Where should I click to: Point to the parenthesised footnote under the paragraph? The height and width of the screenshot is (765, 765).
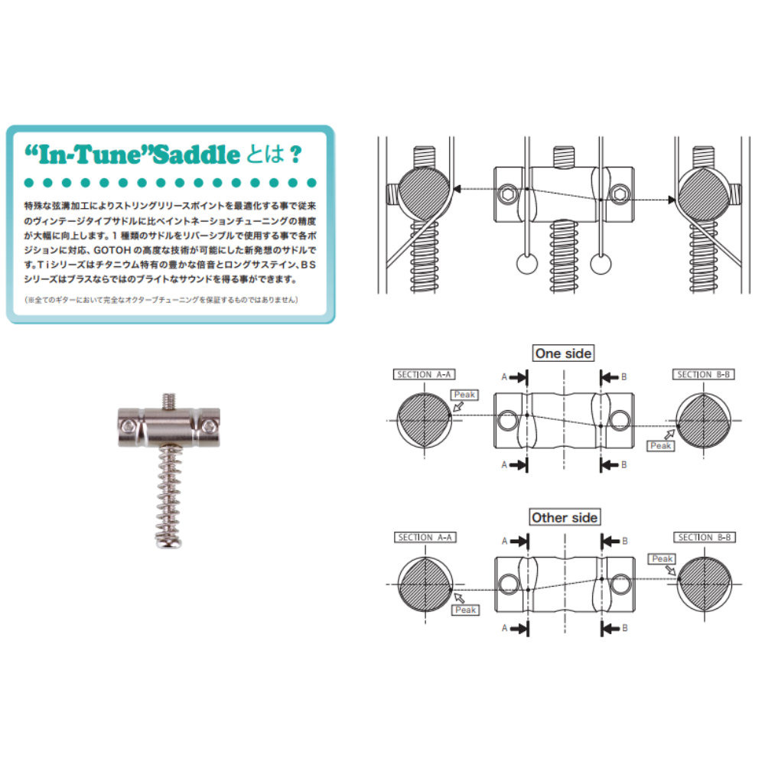click(x=161, y=299)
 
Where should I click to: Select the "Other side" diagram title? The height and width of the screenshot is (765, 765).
click(x=565, y=517)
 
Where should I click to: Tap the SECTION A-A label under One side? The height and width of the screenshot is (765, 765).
click(x=425, y=374)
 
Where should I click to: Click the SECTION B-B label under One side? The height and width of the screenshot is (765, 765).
click(x=704, y=374)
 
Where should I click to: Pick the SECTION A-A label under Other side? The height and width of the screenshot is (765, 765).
click(x=425, y=537)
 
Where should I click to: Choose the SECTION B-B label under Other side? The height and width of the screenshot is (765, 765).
click(x=704, y=537)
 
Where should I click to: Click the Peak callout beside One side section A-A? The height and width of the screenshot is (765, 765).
click(x=465, y=395)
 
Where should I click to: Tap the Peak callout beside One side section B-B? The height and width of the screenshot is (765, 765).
click(x=660, y=445)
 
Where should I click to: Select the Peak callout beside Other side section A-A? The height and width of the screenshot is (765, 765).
click(x=465, y=610)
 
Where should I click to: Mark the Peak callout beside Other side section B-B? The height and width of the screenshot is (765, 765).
click(x=662, y=559)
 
